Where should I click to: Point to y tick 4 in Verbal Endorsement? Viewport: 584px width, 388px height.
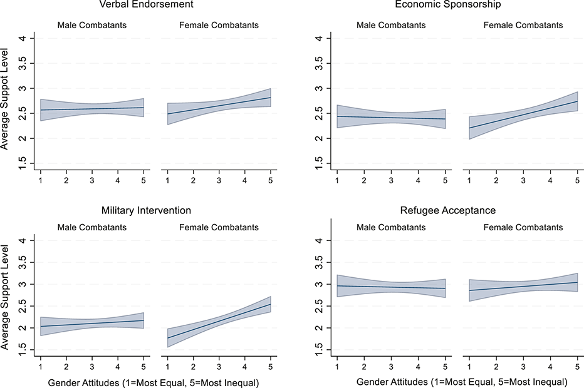[x=23, y=38]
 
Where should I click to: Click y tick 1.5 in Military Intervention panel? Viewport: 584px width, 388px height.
[x=23, y=353]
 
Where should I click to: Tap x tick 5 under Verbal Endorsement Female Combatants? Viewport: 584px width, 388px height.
[x=271, y=181]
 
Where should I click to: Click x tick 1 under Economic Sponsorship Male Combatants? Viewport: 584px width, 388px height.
[x=337, y=181]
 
